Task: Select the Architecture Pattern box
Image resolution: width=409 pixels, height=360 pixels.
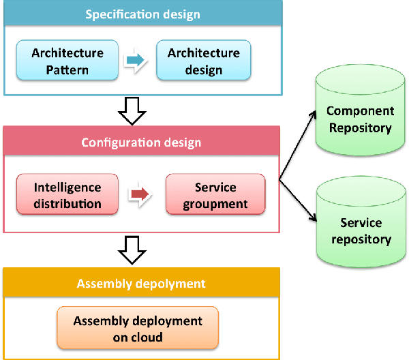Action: tap(67, 61)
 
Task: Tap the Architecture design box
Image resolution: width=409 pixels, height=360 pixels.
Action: tap(204, 61)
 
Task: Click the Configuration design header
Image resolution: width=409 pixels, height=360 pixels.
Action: tap(141, 142)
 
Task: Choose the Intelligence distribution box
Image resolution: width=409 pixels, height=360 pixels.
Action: tap(67, 194)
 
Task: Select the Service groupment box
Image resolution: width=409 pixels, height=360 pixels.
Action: tap(215, 194)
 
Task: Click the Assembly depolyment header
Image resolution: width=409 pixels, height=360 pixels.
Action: tap(141, 283)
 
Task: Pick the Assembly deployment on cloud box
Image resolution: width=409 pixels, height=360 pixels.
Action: tap(138, 328)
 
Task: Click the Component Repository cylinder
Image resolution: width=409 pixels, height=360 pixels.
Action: tap(359, 117)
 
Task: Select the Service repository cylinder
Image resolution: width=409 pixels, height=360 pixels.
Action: tap(359, 228)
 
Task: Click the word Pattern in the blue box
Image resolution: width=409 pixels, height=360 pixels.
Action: tap(67, 69)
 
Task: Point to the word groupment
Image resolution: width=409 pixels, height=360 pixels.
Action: tap(215, 203)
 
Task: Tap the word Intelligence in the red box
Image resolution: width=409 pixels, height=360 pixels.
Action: tap(67, 187)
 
